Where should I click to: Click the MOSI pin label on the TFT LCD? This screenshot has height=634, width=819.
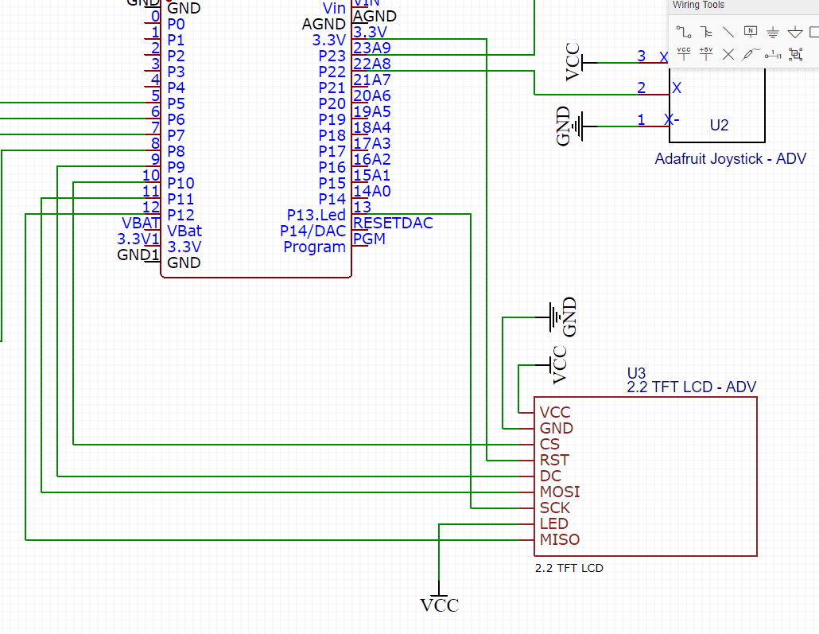pyautogui.click(x=560, y=492)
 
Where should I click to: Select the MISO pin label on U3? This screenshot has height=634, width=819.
pyautogui.click(x=560, y=539)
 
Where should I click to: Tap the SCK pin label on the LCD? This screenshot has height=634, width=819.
pyautogui.click(x=555, y=508)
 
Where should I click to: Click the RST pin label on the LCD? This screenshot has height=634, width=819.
pyautogui.click(x=554, y=460)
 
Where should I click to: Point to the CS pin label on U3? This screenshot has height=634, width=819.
pyautogui.click(x=549, y=444)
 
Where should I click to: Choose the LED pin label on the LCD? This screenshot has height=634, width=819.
pyautogui.click(x=554, y=523)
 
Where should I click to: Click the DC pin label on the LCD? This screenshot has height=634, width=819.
pyautogui.click(x=550, y=476)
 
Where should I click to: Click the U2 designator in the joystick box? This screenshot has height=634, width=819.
pyautogui.click(x=719, y=125)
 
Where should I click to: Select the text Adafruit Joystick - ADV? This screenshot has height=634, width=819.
pyautogui.click(x=730, y=159)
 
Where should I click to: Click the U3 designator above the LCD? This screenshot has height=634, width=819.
pyautogui.click(x=637, y=372)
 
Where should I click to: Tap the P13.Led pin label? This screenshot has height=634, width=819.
pyautogui.click(x=316, y=216)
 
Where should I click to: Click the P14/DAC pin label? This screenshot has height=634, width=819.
pyautogui.click(x=313, y=231)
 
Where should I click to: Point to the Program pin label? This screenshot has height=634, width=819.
pyautogui.click(x=315, y=247)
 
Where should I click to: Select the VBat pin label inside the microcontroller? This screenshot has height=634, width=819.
pyautogui.click(x=184, y=231)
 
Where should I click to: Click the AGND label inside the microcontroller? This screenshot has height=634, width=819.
pyautogui.click(x=324, y=25)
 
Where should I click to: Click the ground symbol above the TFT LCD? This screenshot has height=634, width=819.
pyautogui.click(x=554, y=317)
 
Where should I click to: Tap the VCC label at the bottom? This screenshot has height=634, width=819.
pyautogui.click(x=440, y=605)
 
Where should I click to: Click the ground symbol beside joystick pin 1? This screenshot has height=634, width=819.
pyautogui.click(x=586, y=126)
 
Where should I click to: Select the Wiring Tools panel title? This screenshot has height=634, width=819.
pyautogui.click(x=699, y=6)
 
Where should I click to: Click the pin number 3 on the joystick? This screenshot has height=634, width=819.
pyautogui.click(x=642, y=56)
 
